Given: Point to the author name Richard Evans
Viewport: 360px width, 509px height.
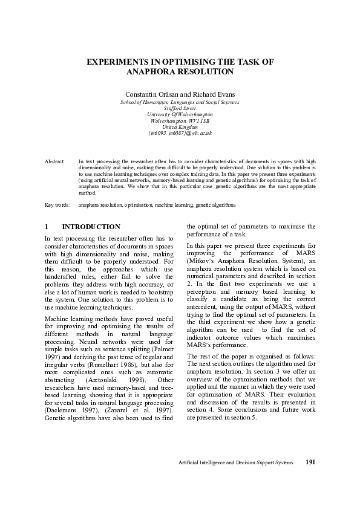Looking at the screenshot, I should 214,96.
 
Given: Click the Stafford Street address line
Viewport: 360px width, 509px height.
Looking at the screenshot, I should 180,108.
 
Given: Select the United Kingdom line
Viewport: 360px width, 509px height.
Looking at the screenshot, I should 180,127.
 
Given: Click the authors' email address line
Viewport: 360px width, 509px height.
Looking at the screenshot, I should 180,133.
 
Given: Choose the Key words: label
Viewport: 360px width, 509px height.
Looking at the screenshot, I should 57,206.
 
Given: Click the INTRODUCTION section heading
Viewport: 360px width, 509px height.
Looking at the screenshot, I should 91,227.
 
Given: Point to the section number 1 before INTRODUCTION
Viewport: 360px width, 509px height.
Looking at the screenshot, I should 47,227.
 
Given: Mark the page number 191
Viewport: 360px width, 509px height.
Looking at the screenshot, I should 310,479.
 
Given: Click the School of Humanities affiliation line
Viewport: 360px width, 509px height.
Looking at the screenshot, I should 180,102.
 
